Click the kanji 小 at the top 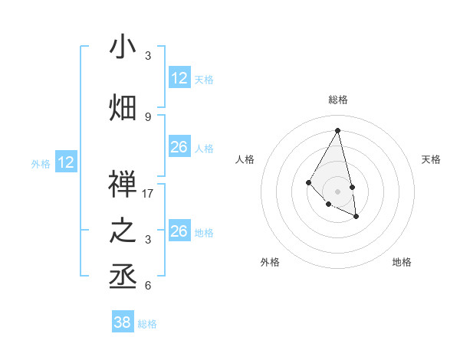(123, 47)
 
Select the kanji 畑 (123, 107)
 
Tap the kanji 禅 (123, 185)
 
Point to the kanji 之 (123, 231)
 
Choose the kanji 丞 (123, 276)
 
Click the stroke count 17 (148, 194)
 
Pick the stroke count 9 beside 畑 (148, 116)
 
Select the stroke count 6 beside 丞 (148, 286)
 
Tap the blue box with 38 (122, 322)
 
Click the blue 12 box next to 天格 (179, 77)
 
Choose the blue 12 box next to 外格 (66, 162)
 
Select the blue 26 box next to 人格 (179, 147)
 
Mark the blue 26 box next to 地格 (179, 231)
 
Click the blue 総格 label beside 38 (147, 324)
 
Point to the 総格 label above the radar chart (337, 100)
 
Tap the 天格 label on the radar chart (431, 159)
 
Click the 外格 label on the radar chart (270, 262)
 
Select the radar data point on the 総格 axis (337, 130)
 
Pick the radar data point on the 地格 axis (356, 217)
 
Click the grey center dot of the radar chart (337, 191)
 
